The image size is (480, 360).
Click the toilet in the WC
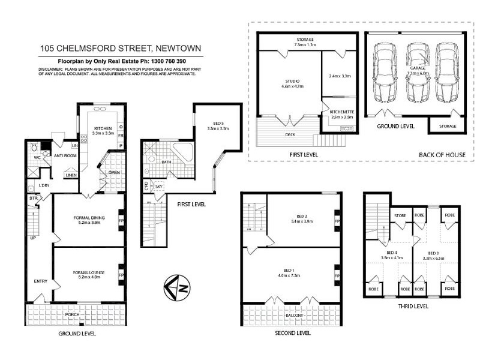pyautogui.click(x=34, y=146)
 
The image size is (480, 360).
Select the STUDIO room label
pyautogui.click(x=289, y=81)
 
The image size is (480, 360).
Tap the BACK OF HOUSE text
pyautogui.click(x=442, y=154)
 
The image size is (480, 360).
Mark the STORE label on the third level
pyautogui.click(x=400, y=215)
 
